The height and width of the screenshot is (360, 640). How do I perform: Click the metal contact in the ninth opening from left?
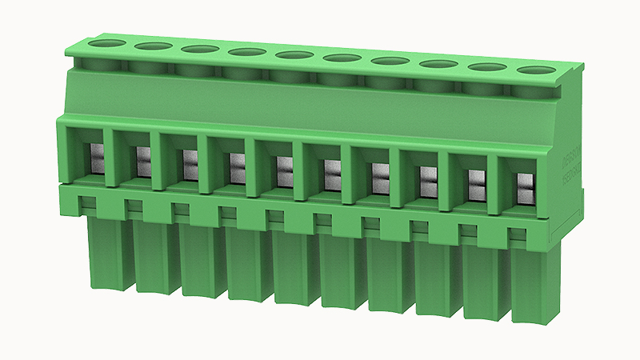point(476,182)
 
